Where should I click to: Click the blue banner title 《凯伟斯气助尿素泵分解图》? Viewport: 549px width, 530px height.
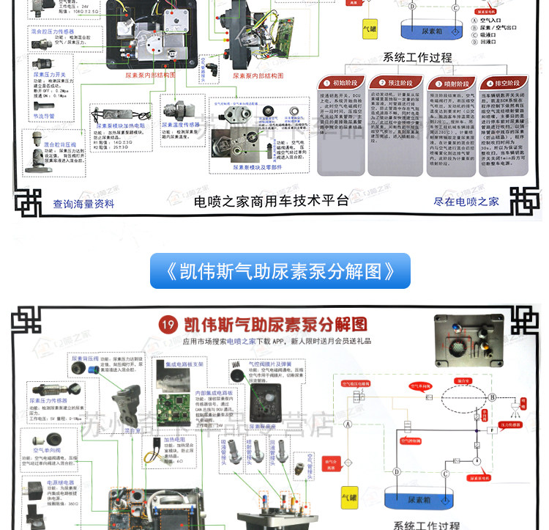pos(280,271)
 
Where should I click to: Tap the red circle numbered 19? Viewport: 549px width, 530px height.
pos(169,324)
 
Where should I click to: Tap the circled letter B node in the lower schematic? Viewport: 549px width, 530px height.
pos(493,397)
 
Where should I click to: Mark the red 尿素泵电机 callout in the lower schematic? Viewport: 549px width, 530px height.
pos(479,477)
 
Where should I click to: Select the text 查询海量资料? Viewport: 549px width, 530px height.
pos(83,203)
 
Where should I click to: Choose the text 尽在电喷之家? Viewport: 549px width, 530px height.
pos(466,201)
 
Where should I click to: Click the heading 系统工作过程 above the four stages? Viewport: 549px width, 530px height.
pos(418,57)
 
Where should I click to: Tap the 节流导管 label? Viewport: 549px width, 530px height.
pos(44,115)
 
